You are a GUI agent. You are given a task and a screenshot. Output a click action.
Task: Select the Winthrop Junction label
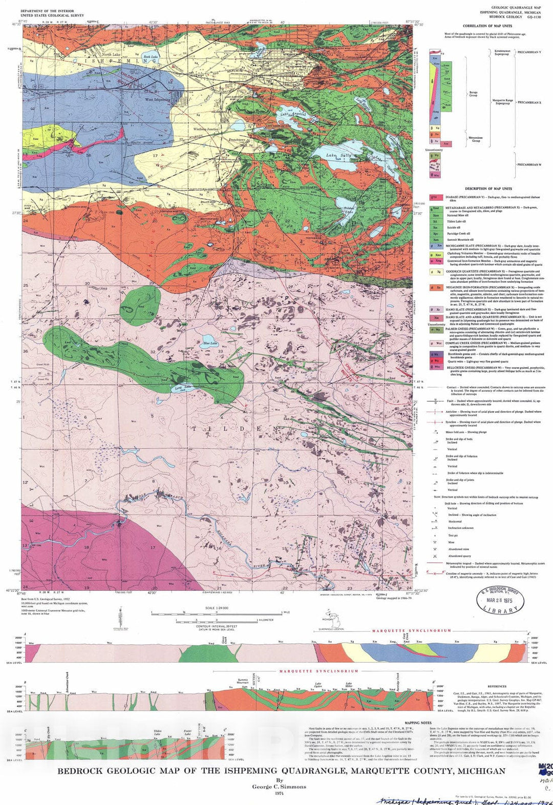tap(206, 129)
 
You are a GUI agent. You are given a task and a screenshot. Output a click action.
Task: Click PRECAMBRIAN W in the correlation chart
tap(529, 165)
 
